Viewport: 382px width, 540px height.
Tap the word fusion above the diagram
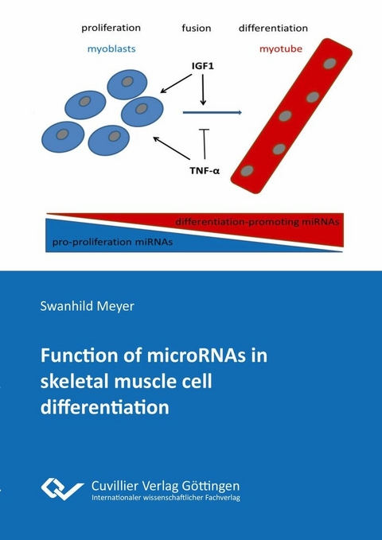[x=196, y=29]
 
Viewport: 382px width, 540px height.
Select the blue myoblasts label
[x=112, y=48]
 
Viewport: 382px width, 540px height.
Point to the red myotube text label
[x=279, y=49]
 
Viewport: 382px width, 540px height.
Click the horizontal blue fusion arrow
[x=212, y=113]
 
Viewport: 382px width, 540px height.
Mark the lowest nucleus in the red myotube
[x=248, y=170]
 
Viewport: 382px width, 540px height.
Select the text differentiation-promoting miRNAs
[x=257, y=221]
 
